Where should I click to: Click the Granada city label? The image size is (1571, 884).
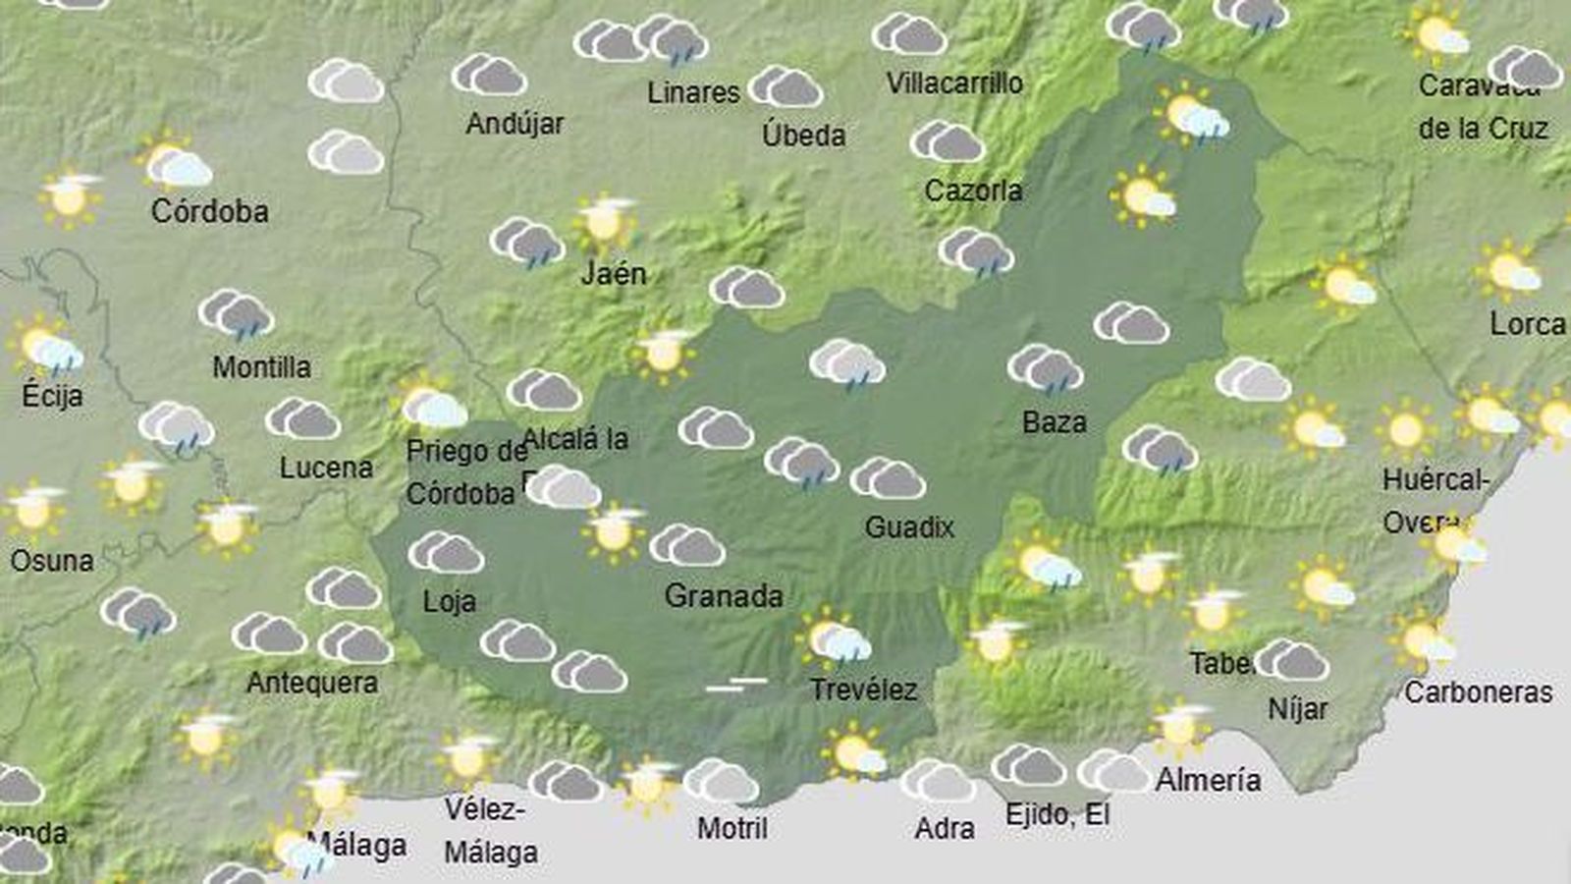pos(724,596)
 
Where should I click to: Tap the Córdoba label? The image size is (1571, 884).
pos(209,211)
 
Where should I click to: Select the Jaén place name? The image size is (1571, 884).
pos(614,273)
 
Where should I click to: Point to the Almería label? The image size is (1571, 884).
pos(1208,780)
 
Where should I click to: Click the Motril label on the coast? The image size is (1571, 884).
pos(732,828)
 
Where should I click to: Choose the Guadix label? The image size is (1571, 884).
pos(909,527)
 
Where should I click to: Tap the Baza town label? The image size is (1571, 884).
pos(1054,422)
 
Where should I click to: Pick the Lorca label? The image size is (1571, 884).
pos(1527,323)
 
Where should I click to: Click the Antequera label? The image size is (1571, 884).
pos(312,683)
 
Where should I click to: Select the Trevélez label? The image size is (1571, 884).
pos(863,690)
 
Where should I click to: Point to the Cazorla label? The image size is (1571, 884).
pos(973,190)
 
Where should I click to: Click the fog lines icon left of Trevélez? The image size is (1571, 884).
pos(736,684)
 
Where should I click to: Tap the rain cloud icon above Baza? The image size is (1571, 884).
pos(1045,368)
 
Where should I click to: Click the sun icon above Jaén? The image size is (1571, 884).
pos(605,221)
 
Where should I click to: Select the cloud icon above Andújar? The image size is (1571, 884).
pos(489,75)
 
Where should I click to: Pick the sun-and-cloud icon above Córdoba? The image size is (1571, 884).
pos(175,162)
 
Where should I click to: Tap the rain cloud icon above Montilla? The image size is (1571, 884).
pos(236,314)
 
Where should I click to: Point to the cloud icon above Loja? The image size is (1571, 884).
pos(446,553)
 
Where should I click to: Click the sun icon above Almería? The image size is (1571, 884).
pos(1180,727)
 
